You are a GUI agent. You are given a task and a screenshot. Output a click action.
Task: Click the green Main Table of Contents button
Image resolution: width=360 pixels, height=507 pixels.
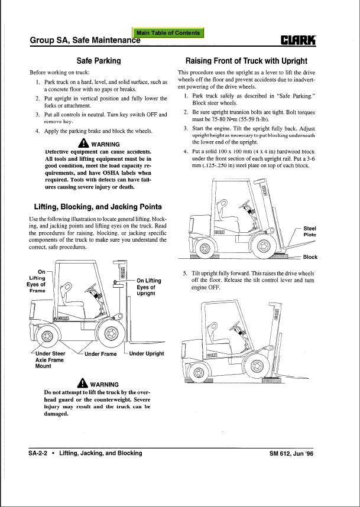[168, 33]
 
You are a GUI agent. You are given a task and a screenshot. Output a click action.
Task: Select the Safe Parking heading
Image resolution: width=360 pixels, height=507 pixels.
[99, 60]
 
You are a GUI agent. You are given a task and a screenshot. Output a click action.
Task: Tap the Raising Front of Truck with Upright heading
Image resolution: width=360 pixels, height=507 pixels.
[247, 60]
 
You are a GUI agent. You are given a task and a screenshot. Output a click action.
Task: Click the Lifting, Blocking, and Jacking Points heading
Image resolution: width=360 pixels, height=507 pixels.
[98, 207]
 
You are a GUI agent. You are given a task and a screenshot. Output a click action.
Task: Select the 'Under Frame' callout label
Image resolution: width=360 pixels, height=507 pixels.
[100, 354]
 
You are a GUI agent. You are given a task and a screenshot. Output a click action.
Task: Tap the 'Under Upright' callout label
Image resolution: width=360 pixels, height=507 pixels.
[146, 353]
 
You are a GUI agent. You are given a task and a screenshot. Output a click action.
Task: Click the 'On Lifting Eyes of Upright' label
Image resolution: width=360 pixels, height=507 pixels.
[148, 287]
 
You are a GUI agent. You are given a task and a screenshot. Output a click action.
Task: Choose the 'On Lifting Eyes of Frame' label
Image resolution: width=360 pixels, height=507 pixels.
[37, 281]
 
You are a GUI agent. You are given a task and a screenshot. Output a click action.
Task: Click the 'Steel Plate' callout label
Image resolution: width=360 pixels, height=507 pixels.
[310, 231]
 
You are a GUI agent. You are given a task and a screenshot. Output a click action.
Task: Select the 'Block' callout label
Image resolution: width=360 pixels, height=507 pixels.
[310, 257]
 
